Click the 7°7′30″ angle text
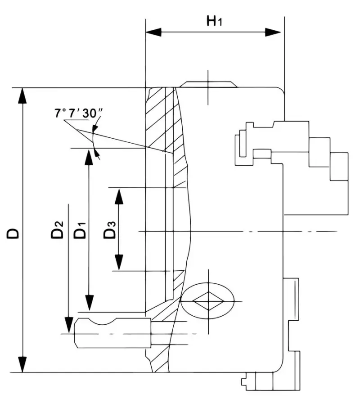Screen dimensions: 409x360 point(77,114)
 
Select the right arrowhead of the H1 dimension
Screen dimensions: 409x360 point(273,32)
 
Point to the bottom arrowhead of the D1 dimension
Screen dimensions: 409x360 point(90,302)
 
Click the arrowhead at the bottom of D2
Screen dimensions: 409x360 point(68,325)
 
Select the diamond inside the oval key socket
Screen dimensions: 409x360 point(207,301)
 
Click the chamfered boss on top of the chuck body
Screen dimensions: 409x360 point(208,85)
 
